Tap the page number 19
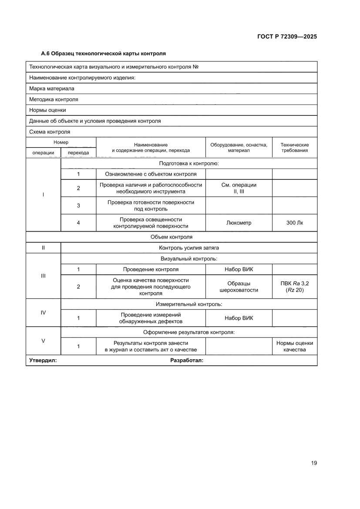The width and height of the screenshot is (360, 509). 313,463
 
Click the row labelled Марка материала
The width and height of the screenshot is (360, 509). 52,88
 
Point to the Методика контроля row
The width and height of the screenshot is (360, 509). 54,99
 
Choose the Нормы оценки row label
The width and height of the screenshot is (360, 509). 47,110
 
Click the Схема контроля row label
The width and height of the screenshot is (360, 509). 50,132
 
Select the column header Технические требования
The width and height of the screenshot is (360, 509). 294,148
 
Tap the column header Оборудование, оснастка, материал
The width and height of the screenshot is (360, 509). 239,148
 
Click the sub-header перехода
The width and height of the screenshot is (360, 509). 78,153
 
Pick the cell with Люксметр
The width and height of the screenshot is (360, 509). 239,223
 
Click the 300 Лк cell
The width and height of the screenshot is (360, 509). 294,223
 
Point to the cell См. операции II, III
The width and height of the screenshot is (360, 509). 239,188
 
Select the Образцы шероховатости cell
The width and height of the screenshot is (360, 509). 239,287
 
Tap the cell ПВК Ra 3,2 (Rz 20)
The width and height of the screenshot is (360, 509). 294,287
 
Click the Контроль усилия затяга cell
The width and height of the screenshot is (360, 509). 189,248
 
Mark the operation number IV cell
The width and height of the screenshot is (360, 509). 43,312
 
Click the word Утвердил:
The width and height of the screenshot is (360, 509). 43,361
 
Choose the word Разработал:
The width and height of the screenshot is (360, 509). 187,361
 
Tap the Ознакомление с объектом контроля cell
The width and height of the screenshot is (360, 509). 151,174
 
